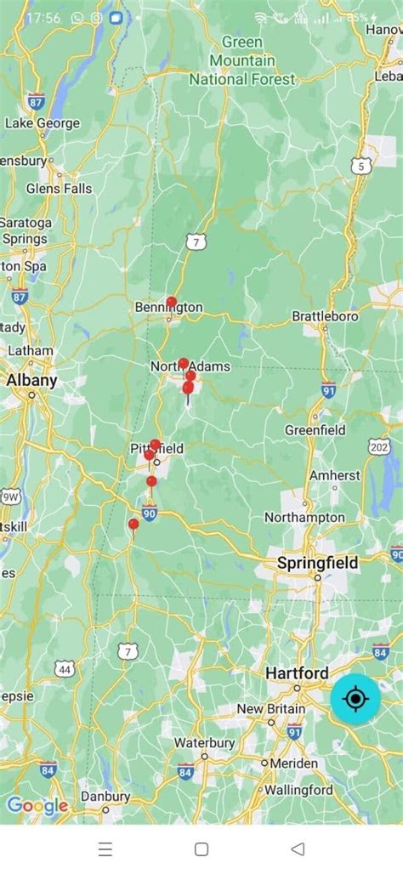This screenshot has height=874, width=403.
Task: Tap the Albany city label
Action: (x=31, y=380)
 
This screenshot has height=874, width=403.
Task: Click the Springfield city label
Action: (x=317, y=563)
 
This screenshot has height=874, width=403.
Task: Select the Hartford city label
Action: (x=297, y=673)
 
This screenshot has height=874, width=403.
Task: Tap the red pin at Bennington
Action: (x=172, y=302)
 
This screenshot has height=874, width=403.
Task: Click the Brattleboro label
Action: (x=325, y=316)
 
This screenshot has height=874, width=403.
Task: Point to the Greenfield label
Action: (x=315, y=430)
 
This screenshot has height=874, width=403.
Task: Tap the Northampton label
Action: (x=304, y=517)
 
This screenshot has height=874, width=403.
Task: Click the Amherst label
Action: (x=334, y=476)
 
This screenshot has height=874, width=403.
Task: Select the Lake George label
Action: (x=43, y=123)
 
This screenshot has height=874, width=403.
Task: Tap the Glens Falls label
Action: (x=59, y=188)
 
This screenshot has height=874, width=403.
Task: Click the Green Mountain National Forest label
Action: (x=242, y=61)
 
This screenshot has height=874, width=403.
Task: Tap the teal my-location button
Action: (x=355, y=699)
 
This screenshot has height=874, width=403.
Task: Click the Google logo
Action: (x=37, y=805)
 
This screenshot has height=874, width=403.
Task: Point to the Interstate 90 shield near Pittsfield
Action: (x=150, y=513)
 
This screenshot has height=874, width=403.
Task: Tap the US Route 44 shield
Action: (x=65, y=669)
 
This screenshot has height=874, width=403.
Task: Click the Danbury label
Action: (x=105, y=797)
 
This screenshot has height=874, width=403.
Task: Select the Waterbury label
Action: (x=204, y=742)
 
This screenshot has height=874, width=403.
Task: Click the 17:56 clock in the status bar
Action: (x=43, y=17)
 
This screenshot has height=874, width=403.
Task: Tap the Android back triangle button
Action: (x=297, y=848)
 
